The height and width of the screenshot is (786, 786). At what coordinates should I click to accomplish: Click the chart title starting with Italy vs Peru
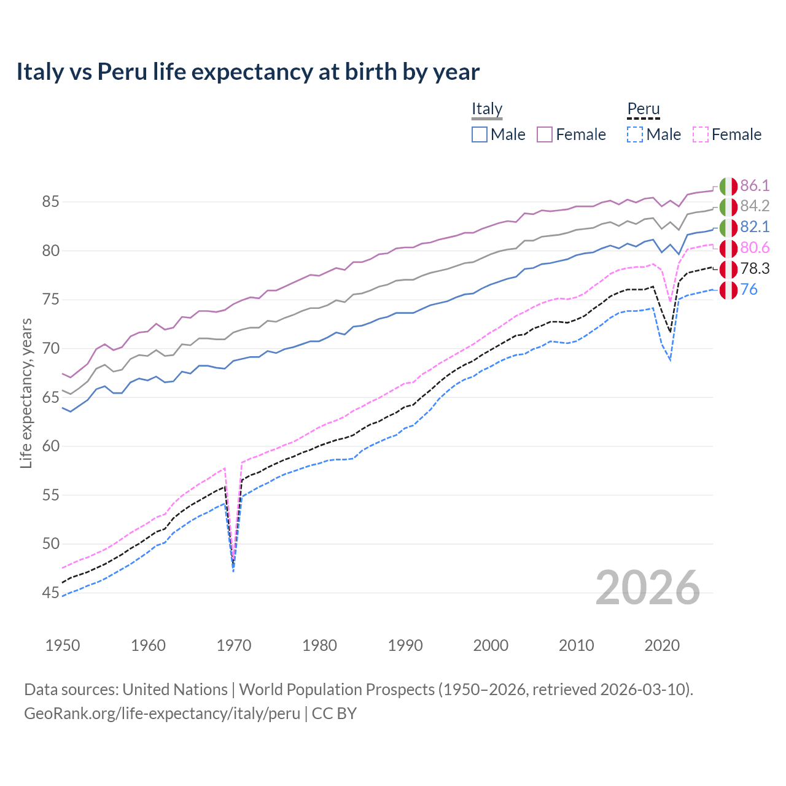(247, 72)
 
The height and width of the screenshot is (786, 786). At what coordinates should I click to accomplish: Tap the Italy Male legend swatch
(480, 134)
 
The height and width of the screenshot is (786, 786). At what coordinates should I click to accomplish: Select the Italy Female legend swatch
(545, 134)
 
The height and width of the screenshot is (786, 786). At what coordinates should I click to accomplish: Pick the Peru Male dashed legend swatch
(635, 134)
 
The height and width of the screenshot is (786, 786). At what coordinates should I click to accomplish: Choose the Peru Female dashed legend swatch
(700, 134)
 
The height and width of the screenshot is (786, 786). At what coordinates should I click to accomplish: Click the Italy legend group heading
(487, 109)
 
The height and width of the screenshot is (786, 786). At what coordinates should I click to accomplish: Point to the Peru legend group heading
(643, 109)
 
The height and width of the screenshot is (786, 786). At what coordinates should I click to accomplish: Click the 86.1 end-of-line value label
(755, 185)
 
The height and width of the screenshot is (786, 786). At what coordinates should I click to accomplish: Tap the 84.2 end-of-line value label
(755, 206)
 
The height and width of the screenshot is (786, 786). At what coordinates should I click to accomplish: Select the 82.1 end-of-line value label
(755, 227)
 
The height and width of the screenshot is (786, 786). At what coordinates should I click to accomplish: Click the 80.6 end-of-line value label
(755, 248)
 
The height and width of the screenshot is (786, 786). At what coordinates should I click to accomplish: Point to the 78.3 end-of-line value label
(755, 269)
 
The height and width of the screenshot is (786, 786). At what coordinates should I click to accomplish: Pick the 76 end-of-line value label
(749, 290)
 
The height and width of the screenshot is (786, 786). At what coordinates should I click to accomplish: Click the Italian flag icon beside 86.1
(728, 186)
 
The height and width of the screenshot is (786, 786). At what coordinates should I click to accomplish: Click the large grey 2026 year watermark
(648, 588)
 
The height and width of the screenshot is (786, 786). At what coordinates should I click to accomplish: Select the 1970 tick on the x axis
(234, 645)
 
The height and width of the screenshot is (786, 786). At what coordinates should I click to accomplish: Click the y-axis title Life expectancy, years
(26, 393)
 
